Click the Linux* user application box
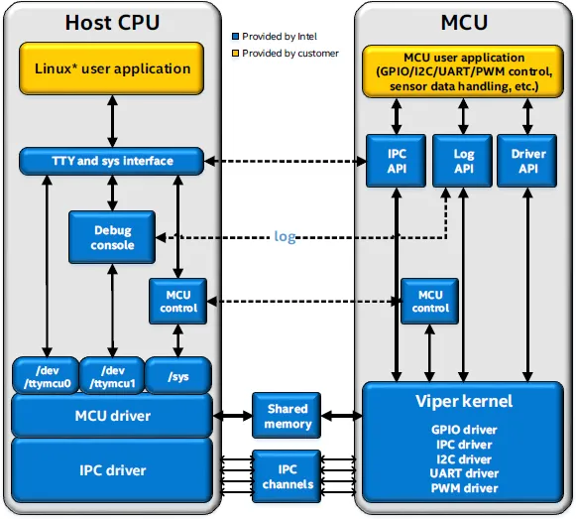(x=112, y=68)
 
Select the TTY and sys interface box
(x=112, y=161)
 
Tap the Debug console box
(x=112, y=237)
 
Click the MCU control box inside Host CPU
(x=178, y=302)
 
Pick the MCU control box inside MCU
(x=430, y=302)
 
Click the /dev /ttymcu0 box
(x=47, y=376)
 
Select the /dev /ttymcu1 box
(x=112, y=376)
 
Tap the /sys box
(x=178, y=376)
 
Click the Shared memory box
(x=287, y=416)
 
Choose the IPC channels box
(x=287, y=476)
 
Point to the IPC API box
(x=397, y=161)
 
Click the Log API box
(x=463, y=161)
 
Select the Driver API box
(x=527, y=161)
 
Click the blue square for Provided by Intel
(x=236, y=37)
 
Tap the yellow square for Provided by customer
(x=236, y=54)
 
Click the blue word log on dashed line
(x=285, y=236)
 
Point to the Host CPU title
(x=112, y=23)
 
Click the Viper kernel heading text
(x=464, y=401)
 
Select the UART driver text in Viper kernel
(x=464, y=473)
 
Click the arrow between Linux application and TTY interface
(x=112, y=121)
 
